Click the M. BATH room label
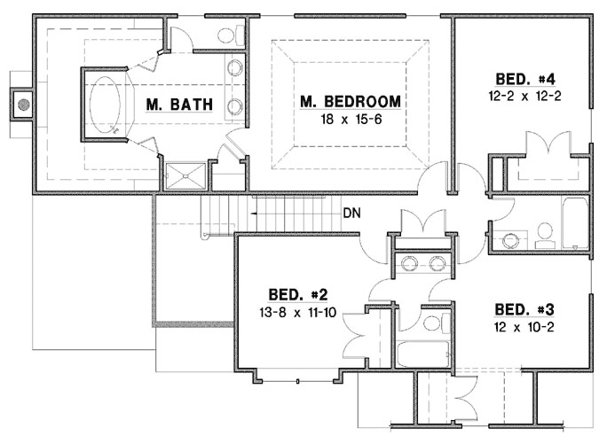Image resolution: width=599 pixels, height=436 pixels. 179,105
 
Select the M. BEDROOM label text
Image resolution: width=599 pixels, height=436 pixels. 350,101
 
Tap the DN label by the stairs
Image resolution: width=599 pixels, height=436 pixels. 351,214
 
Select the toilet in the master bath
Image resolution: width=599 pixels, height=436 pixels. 233,34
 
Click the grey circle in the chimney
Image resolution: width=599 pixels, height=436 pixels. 25,103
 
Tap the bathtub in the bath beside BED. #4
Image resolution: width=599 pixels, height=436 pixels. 571,222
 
